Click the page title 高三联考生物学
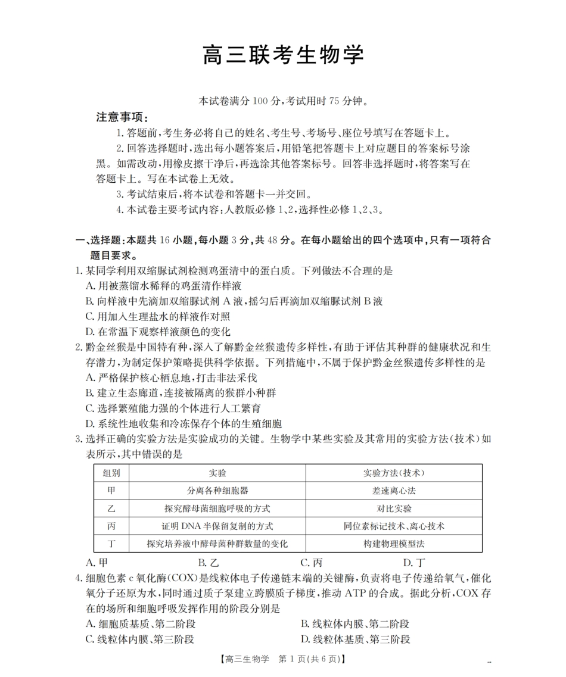click(x=283, y=55)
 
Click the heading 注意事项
click(x=122, y=117)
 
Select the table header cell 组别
click(x=111, y=473)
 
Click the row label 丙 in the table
click(x=111, y=526)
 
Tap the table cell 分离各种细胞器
click(x=217, y=491)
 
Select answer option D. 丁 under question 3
click(x=414, y=562)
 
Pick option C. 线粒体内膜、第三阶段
click(x=140, y=639)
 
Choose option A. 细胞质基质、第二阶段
click(x=141, y=624)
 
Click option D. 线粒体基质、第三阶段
click(x=356, y=639)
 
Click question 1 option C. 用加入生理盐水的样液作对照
click(x=158, y=316)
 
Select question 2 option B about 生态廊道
click(x=181, y=393)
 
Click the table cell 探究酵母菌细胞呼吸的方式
click(x=217, y=508)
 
